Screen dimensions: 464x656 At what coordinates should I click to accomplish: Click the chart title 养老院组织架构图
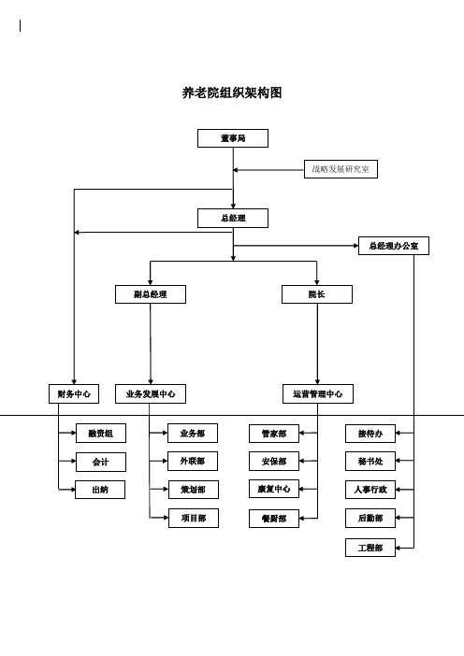[232, 93]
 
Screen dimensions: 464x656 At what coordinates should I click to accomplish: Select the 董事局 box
[233, 138]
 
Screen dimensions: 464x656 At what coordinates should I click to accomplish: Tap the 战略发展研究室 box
[341, 169]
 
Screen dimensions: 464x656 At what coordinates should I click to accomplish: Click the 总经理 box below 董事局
[233, 218]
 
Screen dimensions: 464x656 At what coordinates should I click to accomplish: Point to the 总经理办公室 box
[394, 246]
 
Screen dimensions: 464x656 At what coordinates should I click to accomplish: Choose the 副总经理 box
[151, 294]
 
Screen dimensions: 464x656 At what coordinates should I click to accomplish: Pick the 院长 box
[317, 294]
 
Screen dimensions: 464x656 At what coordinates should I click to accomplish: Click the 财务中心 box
[74, 393]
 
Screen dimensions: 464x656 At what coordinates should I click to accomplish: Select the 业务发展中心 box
[151, 393]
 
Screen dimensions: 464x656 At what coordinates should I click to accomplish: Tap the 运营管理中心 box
[318, 393]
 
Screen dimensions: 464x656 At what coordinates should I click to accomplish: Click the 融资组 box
[101, 433]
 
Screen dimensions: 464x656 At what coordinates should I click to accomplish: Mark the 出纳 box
[100, 490]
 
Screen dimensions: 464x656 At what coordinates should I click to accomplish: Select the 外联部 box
[193, 461]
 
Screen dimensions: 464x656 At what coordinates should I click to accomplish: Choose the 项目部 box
[194, 518]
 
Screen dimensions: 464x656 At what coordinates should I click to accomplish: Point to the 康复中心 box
[274, 489]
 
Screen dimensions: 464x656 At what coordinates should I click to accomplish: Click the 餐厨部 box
[274, 519]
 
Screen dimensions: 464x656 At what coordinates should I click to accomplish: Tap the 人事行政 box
[370, 490]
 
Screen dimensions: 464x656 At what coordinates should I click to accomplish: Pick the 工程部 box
[370, 548]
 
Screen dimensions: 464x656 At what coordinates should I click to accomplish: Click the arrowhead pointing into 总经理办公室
[355, 246]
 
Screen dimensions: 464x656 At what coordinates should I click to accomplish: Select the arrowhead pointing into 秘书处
[399, 461]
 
